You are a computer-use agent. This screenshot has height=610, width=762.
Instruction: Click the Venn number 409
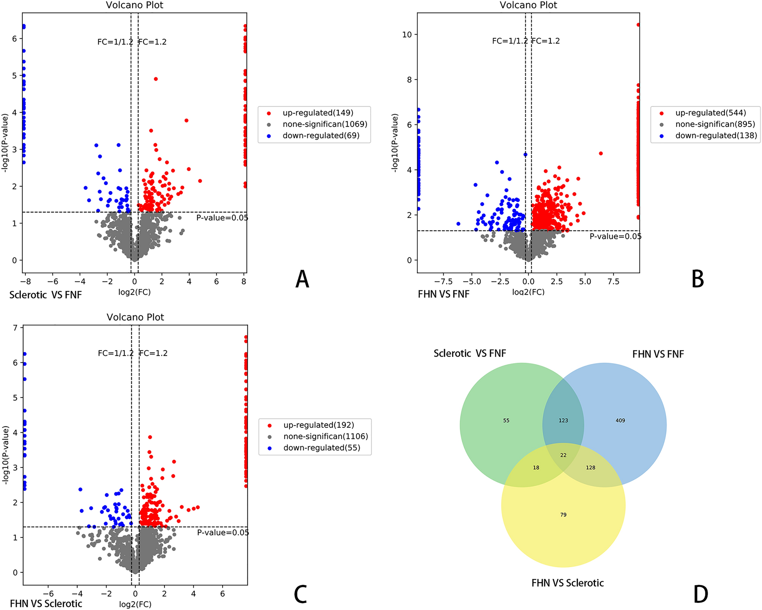click(x=620, y=421)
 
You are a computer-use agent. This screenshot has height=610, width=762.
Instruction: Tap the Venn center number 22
click(x=563, y=455)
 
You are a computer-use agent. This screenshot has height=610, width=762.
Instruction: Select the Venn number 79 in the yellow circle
click(x=563, y=515)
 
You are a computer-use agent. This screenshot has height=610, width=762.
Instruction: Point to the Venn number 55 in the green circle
click(x=506, y=421)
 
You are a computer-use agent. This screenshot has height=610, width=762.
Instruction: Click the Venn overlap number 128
click(x=590, y=468)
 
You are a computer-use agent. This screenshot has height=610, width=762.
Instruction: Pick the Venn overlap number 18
click(x=536, y=468)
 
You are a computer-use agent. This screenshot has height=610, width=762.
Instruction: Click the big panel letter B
click(x=697, y=280)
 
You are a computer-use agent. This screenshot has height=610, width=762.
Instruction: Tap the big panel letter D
click(x=700, y=594)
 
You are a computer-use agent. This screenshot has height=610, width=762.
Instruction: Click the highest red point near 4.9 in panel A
click(x=156, y=79)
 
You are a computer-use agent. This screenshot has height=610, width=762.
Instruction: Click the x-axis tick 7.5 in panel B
click(x=613, y=281)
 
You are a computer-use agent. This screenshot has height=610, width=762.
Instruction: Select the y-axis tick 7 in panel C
click(x=15, y=328)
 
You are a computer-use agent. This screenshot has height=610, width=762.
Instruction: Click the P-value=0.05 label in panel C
click(x=223, y=533)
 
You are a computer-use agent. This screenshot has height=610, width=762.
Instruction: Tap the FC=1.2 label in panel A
click(x=153, y=42)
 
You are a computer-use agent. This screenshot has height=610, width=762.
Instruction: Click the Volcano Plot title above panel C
click(x=135, y=317)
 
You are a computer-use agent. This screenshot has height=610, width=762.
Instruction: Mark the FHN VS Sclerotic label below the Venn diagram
click(x=568, y=583)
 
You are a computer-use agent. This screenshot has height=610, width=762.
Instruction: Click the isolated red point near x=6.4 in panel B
click(x=601, y=154)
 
